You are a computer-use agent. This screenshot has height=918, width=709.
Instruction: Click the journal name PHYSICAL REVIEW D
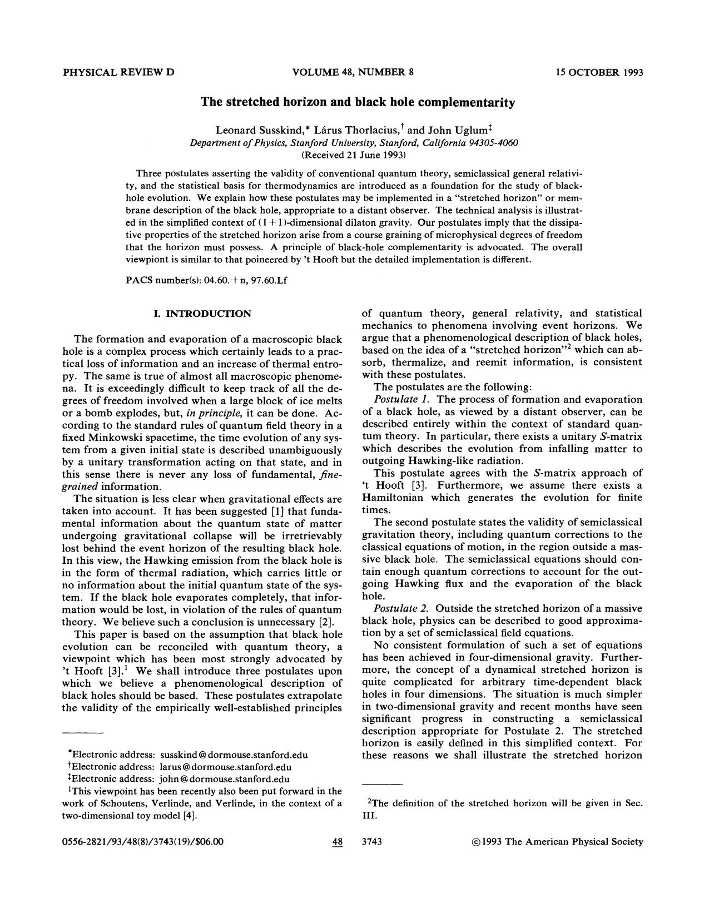click(118, 72)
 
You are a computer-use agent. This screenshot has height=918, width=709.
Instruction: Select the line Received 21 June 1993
click(354, 154)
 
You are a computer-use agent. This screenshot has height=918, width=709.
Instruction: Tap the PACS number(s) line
click(206, 280)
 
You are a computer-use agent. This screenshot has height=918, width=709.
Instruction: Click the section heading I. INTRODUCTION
click(202, 314)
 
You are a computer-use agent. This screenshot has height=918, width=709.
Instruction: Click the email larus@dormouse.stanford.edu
click(225, 767)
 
